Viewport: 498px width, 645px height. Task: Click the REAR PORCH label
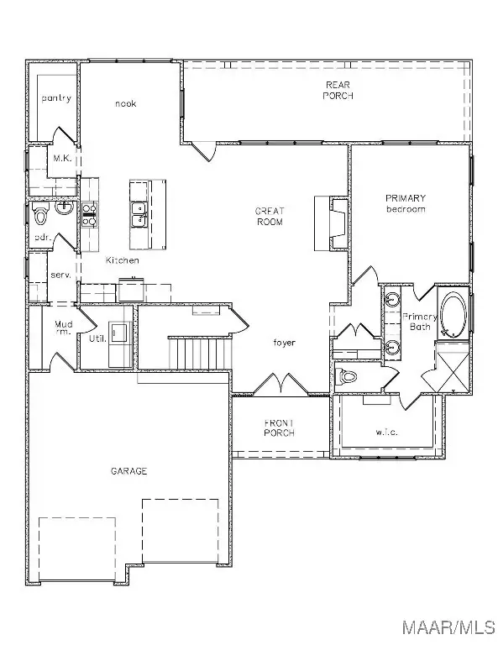click(340, 90)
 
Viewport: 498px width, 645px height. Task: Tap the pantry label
click(56, 98)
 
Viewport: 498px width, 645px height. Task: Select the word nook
click(125, 103)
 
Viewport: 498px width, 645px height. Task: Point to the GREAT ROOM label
click(269, 217)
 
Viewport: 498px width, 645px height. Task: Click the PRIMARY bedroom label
click(406, 203)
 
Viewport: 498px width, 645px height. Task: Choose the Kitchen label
click(122, 260)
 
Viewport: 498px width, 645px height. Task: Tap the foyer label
click(282, 343)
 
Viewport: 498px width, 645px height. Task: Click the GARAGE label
click(129, 471)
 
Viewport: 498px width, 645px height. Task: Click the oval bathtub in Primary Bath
click(455, 314)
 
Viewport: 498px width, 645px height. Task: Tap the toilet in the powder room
click(41, 215)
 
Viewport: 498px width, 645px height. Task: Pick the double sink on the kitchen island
click(139, 215)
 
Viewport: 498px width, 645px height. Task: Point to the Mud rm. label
click(64, 328)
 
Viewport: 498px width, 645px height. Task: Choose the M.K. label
click(61, 157)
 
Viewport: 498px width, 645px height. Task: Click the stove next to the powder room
click(89, 215)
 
